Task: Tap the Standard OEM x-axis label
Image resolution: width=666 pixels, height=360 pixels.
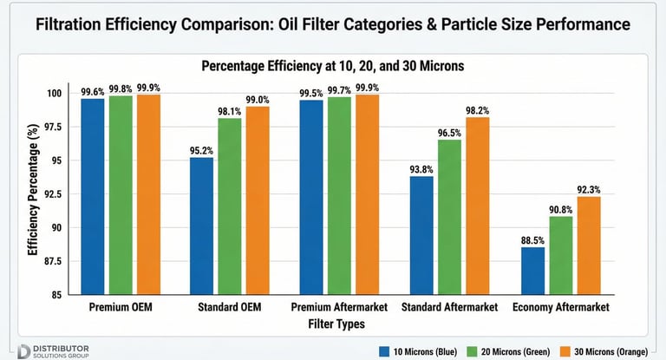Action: (x=231, y=308)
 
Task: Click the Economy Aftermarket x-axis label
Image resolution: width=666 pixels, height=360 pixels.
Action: (x=561, y=308)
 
